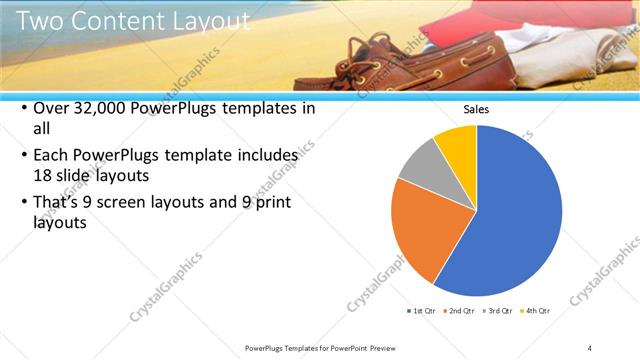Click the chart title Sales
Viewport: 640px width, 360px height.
click(x=476, y=110)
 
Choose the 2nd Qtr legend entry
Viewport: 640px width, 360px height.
click(x=462, y=311)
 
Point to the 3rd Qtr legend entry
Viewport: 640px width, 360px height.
click(x=497, y=311)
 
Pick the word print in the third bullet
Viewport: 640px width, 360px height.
click(x=281, y=203)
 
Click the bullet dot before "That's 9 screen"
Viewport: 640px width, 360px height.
click(x=23, y=204)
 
